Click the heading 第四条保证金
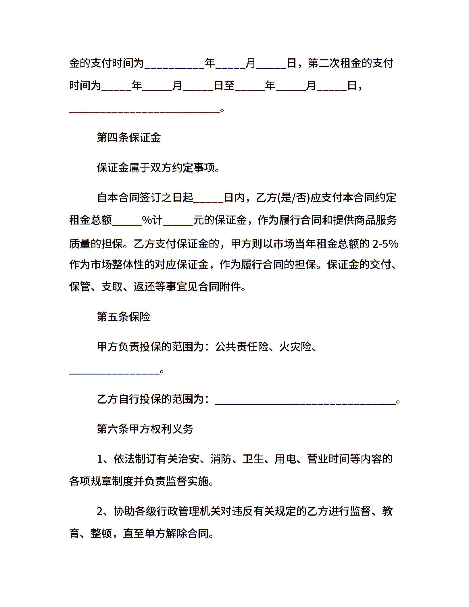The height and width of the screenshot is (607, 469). (x=129, y=138)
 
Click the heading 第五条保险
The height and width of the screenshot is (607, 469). (x=124, y=317)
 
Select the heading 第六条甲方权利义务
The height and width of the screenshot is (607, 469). (x=145, y=429)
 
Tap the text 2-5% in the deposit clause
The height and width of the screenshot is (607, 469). (x=385, y=244)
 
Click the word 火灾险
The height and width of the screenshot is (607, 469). (x=295, y=347)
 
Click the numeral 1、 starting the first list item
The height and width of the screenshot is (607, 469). (x=102, y=459)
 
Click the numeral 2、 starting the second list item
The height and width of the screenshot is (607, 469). (x=102, y=511)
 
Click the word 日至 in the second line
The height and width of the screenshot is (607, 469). (x=224, y=85)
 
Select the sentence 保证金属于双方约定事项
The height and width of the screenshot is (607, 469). (x=158, y=168)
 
